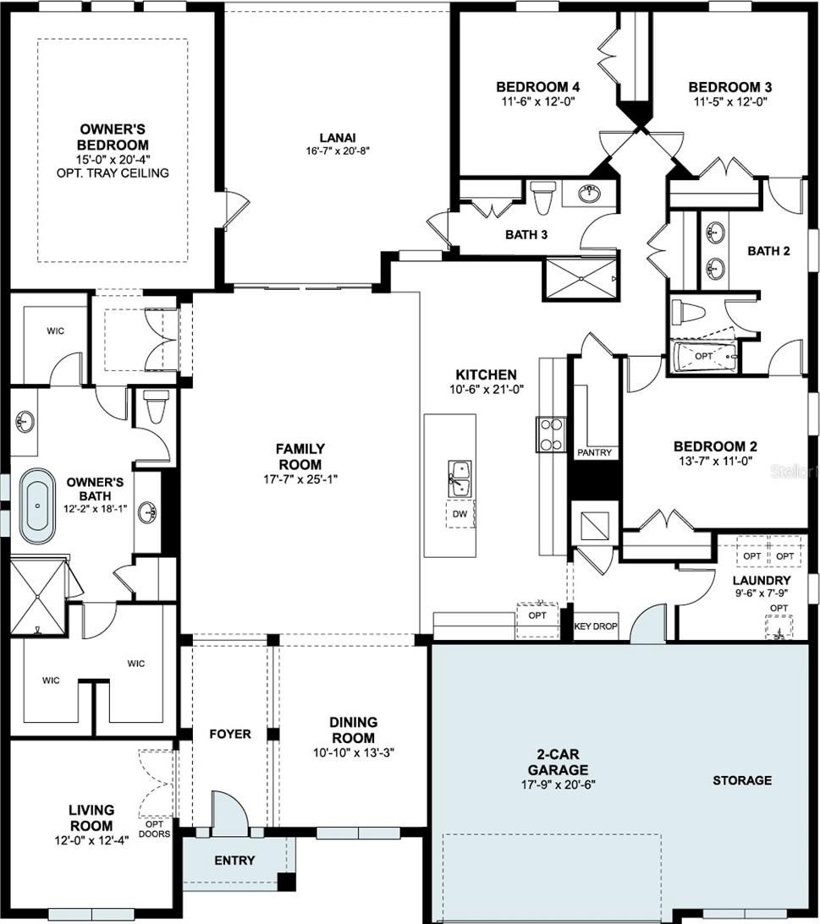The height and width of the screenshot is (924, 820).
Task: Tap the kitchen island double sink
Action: [460, 479]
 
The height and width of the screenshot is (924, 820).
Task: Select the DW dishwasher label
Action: [460, 514]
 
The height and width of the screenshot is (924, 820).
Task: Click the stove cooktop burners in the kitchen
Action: [551, 435]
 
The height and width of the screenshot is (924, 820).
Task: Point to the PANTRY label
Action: [595, 452]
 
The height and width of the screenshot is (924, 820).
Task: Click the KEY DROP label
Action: [596, 626]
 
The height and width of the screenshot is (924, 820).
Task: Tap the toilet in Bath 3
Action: [542, 198]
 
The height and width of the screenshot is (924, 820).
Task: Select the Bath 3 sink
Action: [589, 193]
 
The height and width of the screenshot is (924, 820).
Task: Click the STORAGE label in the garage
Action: [742, 780]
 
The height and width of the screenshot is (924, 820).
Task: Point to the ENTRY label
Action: [234, 861]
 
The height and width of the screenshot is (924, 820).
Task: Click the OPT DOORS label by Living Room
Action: [155, 828]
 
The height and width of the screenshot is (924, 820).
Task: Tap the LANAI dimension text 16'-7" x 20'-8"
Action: [338, 150]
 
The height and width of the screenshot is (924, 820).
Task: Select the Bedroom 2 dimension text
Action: [716, 462]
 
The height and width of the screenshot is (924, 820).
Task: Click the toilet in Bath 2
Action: [685, 310]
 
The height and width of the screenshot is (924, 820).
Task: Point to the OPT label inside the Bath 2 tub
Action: [704, 356]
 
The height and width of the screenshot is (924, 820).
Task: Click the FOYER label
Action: [230, 734]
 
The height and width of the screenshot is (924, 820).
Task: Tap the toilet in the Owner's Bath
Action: [156, 406]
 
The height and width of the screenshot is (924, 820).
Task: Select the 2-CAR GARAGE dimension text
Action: [558, 785]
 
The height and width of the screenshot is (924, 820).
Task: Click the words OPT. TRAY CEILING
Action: [113, 173]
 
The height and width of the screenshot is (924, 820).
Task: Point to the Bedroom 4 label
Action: [538, 86]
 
